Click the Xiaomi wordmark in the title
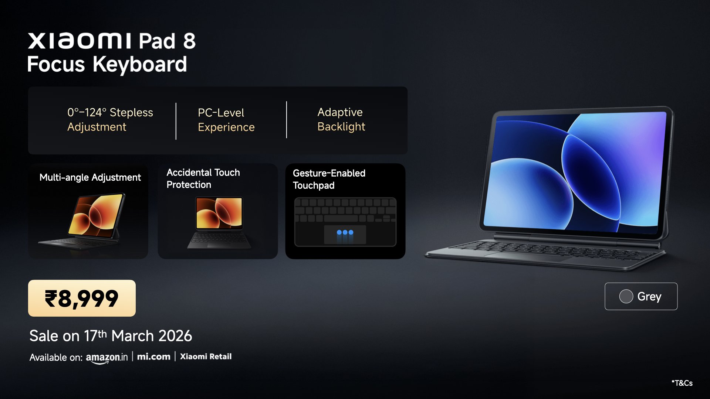point(80,41)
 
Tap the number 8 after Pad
point(189,41)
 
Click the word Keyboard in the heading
point(140,64)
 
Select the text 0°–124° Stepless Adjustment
point(110,119)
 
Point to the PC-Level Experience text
point(226,120)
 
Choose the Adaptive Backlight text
point(341,119)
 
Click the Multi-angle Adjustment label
point(90,177)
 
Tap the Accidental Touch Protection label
point(203,178)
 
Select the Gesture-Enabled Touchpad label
point(329,179)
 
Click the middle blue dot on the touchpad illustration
point(345,232)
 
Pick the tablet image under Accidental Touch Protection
point(219,222)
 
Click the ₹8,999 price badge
point(82,298)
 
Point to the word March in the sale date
point(132,336)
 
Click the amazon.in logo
point(107,358)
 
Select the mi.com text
point(154,357)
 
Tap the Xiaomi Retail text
point(206,357)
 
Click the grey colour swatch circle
point(626,296)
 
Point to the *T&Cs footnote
point(682,383)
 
